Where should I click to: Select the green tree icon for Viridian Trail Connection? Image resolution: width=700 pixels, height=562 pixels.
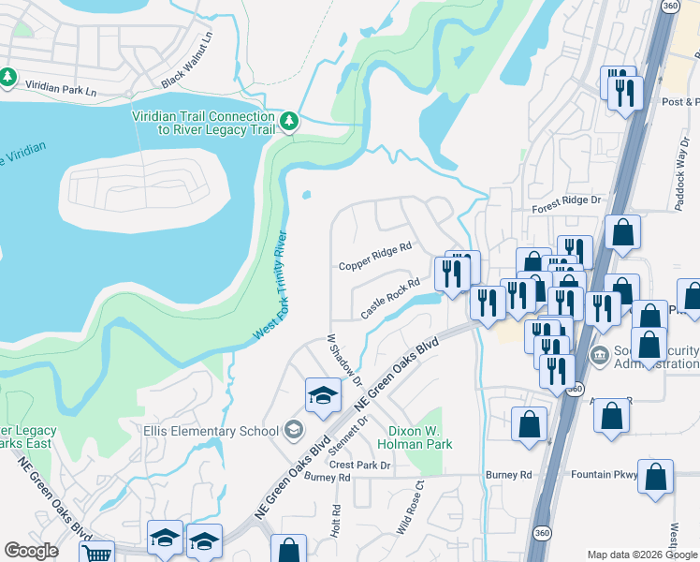(290, 121)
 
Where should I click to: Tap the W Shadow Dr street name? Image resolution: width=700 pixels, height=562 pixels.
(343, 360)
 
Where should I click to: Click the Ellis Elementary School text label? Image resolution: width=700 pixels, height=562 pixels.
(211, 431)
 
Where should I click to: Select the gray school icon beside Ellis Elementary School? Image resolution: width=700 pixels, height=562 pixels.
(294, 430)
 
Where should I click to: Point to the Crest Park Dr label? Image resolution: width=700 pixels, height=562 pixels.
(358, 465)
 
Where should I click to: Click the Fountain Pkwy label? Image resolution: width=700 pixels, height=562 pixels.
(606, 475)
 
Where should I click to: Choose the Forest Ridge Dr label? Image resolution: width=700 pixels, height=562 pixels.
(566, 213)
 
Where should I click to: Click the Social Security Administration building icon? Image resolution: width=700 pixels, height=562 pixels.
(600, 356)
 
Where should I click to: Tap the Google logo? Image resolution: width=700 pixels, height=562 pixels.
(31, 550)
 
